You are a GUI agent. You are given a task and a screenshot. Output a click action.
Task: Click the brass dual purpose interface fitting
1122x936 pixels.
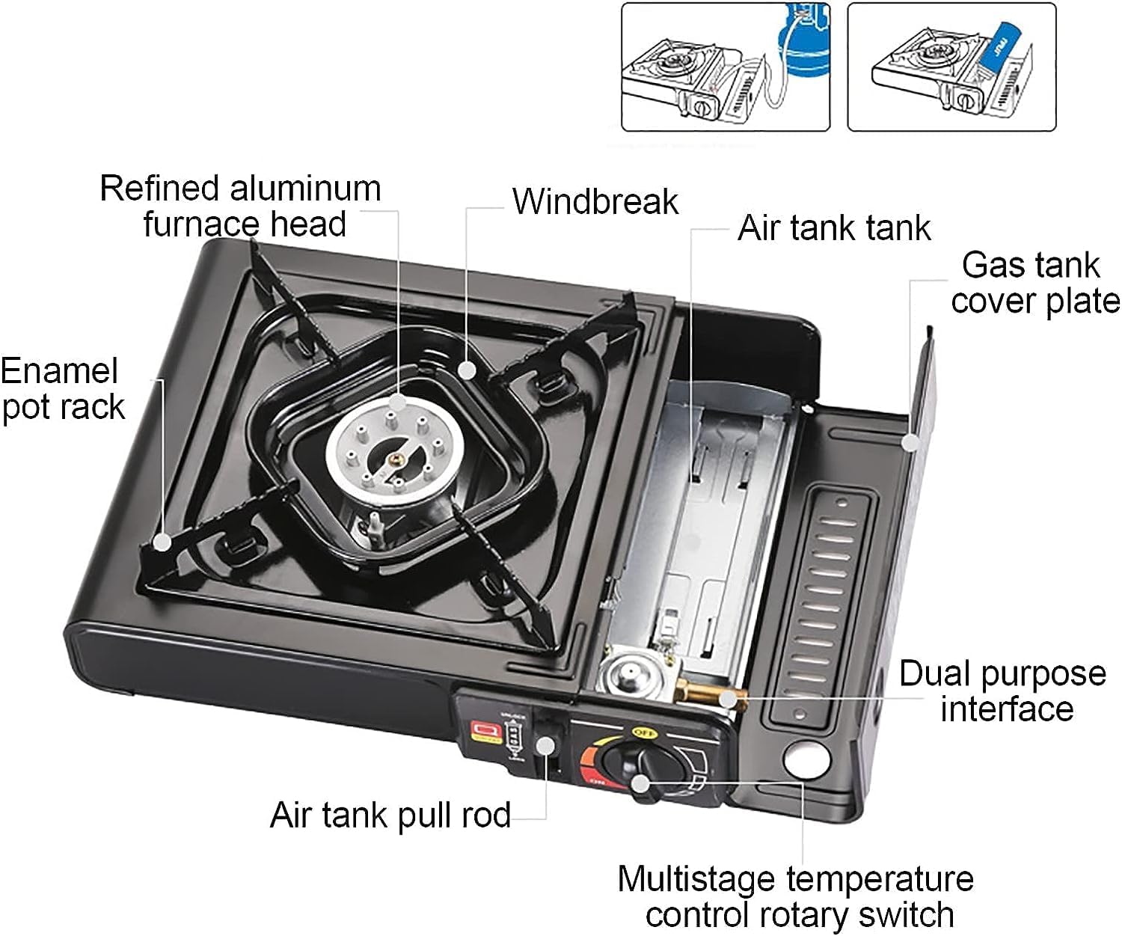coord(711,695)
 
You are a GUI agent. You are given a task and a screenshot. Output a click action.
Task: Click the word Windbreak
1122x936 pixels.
coord(595,202)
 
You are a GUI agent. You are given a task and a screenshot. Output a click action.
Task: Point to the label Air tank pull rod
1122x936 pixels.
coord(390,816)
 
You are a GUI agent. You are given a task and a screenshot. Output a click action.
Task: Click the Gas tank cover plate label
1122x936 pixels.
coord(1034,283)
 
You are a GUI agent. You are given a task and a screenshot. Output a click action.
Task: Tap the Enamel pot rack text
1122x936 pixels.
coord(61,389)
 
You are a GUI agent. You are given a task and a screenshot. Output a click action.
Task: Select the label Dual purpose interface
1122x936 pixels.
coord(1003,691)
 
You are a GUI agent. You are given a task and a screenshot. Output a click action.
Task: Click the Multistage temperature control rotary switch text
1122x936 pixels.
coord(796,896)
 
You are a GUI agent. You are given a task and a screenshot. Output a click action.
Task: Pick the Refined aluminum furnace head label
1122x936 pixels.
coord(241,206)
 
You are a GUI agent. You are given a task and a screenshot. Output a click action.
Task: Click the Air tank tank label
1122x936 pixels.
coord(833,228)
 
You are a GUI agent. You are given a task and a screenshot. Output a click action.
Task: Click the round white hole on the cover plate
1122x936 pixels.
coord(807,759)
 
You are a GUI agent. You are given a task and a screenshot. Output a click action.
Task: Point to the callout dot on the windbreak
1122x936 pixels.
coord(467,370)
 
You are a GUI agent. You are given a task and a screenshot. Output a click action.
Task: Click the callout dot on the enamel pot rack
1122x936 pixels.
coord(162,542)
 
